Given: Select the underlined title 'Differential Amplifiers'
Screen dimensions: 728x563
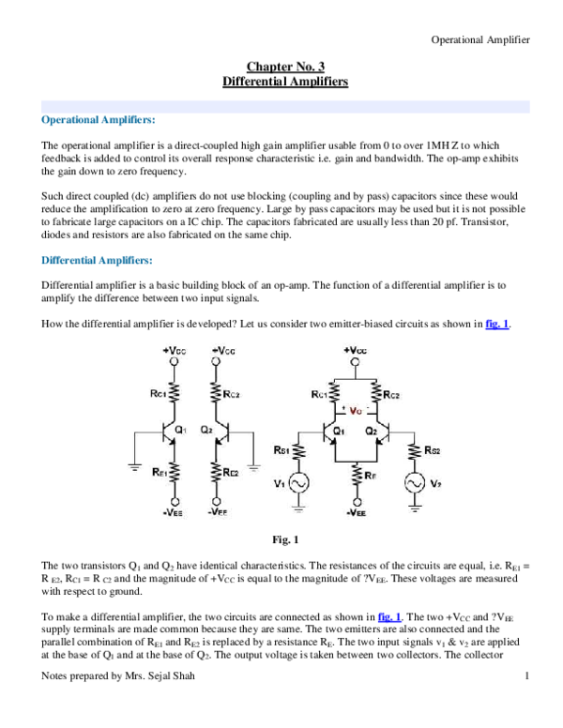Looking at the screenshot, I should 284,83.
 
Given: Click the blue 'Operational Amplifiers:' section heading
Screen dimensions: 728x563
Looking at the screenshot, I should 99,121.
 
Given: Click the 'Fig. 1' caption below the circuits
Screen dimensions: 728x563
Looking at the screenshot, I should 283,539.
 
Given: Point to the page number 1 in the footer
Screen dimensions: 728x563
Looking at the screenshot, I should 527,703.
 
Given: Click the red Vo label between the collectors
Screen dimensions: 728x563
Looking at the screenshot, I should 356,411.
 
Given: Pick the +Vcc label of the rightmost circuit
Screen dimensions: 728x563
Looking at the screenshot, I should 356,350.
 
